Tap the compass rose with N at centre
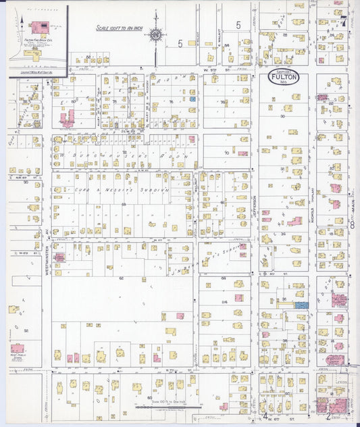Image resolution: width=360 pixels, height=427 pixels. [156, 34]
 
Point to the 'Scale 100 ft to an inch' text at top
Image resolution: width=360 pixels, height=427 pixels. [118, 28]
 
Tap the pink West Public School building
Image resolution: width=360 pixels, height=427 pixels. [17, 347]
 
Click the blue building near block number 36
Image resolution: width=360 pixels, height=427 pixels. [302, 305]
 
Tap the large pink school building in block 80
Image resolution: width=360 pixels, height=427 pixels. [68, 119]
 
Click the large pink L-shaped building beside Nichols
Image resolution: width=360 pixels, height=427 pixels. [295, 221]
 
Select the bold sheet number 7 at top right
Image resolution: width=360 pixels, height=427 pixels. [346, 20]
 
